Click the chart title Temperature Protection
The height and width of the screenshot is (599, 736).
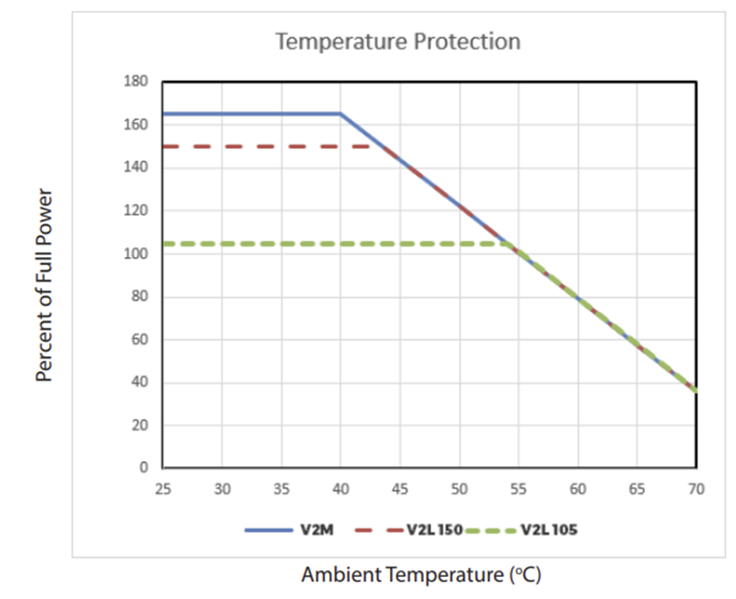(398, 41)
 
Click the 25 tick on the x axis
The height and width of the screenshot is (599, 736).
(162, 487)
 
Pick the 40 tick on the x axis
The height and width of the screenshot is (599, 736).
(341, 487)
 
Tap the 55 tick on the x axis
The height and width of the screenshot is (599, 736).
(519, 487)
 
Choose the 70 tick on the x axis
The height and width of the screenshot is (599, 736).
(697, 487)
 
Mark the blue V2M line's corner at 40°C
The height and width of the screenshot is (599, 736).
(341, 114)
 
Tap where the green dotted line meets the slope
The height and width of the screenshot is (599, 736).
(513, 243)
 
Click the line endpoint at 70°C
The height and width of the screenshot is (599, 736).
(697, 391)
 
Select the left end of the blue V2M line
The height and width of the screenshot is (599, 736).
(163, 114)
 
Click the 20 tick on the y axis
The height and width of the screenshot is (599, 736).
(140, 425)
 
